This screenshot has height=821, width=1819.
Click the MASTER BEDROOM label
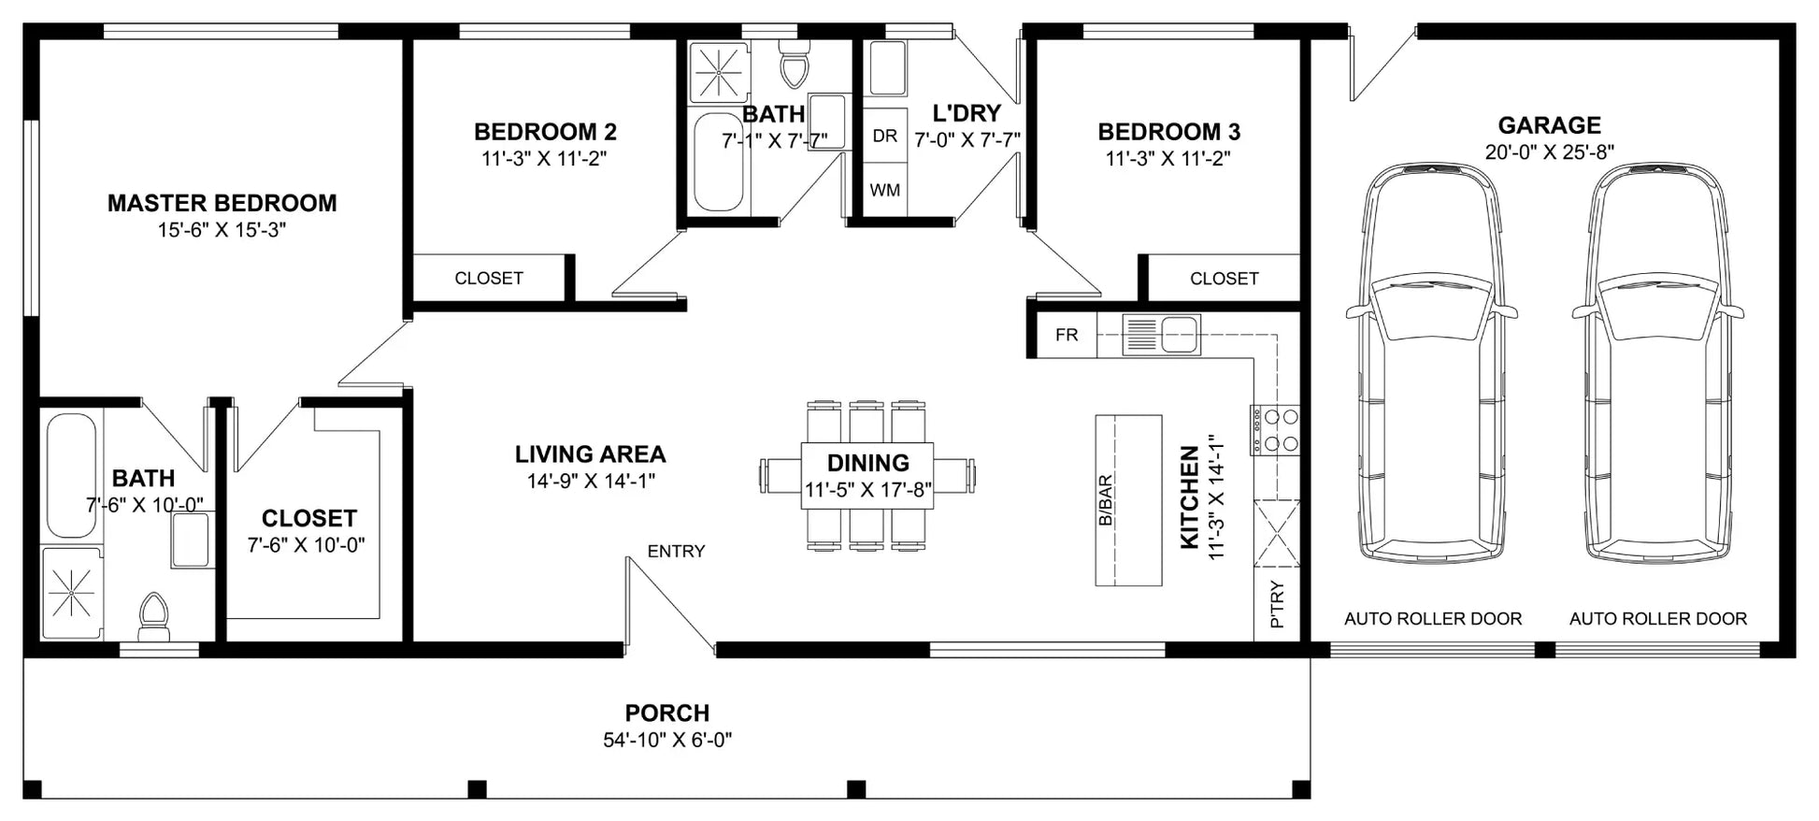[x=222, y=203]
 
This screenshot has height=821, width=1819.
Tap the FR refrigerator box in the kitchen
[x=1067, y=335]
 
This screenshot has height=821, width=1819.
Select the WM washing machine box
[x=885, y=190]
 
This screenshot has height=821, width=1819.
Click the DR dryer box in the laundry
[x=885, y=136]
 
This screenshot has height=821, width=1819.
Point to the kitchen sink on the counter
[x=1162, y=335]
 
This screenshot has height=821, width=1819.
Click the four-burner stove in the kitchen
[x=1275, y=430]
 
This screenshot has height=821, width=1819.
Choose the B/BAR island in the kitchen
[x=1128, y=500]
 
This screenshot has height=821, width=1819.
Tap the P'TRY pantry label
[x=1278, y=604]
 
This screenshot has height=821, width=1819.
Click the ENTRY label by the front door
[x=676, y=552]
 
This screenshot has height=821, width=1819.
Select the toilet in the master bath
[x=152, y=615]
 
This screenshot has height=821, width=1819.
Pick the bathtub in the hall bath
[x=719, y=163]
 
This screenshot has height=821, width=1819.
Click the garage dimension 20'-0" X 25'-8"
[x=1549, y=152]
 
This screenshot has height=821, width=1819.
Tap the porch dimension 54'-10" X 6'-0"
[x=667, y=741]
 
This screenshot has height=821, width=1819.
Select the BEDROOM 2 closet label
[x=489, y=279]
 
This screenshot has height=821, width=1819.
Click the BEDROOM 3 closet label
[x=1224, y=279]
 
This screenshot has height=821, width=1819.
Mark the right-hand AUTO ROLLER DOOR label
[x=1658, y=619]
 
